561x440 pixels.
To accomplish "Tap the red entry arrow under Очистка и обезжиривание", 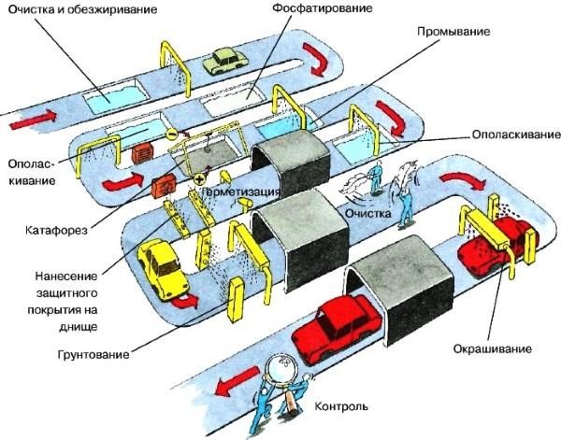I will (35, 120).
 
